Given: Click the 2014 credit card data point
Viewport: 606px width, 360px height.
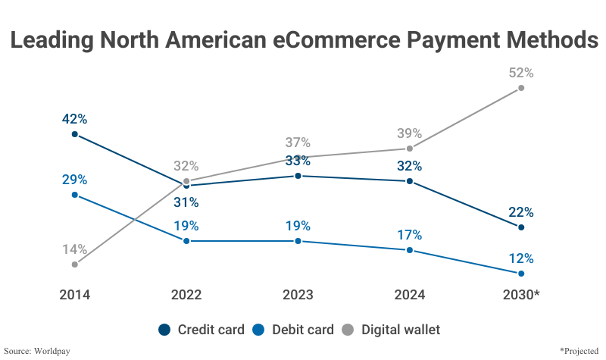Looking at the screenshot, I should click(74, 134).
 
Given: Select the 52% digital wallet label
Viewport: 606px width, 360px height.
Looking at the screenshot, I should click(521, 74).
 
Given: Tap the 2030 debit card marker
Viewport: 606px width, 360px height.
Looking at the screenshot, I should click(521, 273).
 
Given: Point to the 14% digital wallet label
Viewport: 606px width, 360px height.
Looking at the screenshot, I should click(74, 249).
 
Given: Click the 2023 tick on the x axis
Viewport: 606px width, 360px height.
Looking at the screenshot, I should click(298, 295).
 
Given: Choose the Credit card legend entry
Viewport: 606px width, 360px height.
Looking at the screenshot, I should click(202, 330).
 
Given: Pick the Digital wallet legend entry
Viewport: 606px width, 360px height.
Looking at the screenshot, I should click(392, 330).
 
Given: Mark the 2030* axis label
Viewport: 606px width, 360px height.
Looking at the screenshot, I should click(521, 295).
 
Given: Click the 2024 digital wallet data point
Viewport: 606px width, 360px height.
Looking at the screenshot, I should click(409, 149).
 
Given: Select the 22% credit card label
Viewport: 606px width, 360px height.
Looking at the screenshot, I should click(521, 212).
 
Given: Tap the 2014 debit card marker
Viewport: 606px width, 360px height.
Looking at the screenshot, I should click(74, 195).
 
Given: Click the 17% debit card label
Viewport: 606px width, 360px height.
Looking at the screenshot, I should click(409, 235).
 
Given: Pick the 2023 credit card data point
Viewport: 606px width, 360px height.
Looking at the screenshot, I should click(298, 176).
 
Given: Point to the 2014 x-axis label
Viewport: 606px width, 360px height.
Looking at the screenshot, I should click(74, 295).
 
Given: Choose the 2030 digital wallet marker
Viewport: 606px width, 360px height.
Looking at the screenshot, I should click(521, 88).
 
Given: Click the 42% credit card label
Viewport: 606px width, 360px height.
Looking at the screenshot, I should click(74, 119).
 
